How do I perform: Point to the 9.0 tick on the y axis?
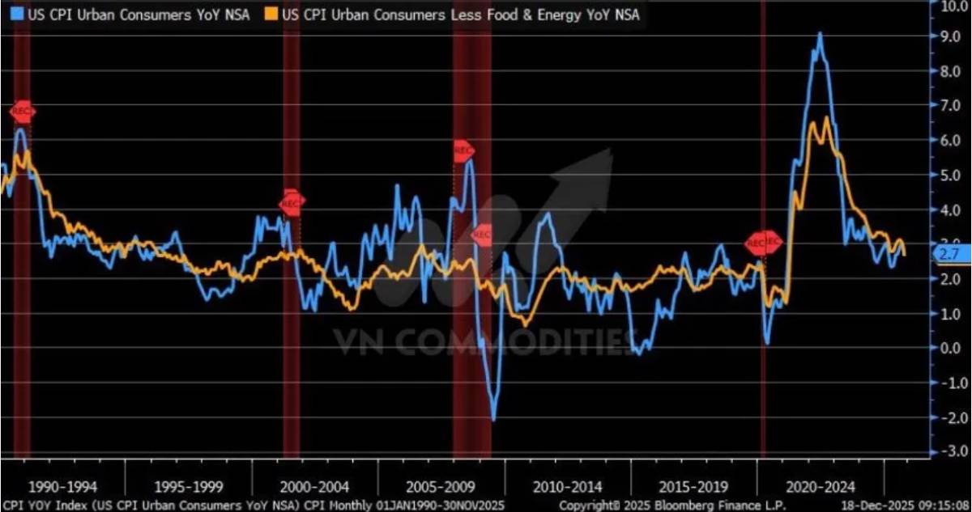[948, 36]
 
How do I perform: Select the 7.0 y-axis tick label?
[948, 106]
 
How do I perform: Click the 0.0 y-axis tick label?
[948, 348]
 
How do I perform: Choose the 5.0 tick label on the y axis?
[948, 175]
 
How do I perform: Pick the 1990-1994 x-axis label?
[63, 487]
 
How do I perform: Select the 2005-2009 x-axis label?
[441, 487]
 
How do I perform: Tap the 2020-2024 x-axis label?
[821, 487]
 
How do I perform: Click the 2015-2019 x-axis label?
[694, 487]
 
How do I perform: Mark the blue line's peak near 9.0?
[821, 34]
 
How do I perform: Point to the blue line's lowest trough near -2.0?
[494, 420]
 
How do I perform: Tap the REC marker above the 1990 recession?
[23, 111]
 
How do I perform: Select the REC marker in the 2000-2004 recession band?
[292, 203]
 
